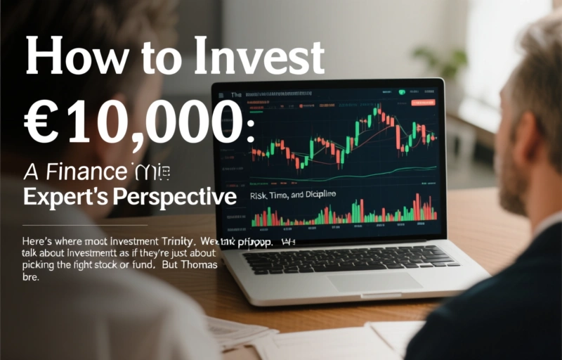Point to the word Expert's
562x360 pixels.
point(60,197)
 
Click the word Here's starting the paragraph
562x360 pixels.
point(40,241)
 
